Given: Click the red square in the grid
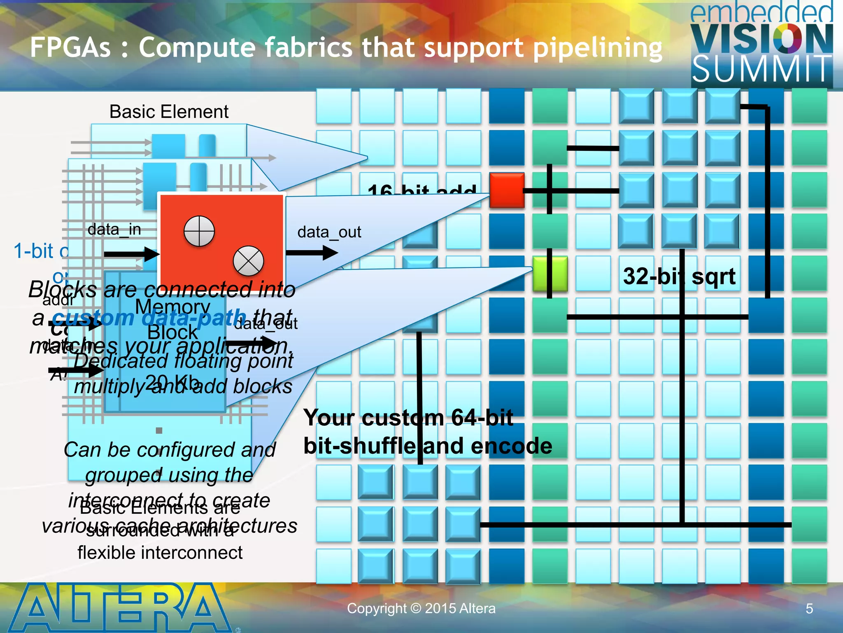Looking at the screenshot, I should coord(507,190).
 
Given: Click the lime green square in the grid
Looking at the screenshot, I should coord(550,273).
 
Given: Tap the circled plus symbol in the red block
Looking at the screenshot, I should coord(199,231).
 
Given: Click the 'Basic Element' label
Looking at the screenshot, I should coord(169,112).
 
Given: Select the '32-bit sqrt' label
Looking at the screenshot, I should coord(679,276).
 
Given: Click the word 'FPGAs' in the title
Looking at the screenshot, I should coord(70,47).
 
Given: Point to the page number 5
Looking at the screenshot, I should coord(809,609).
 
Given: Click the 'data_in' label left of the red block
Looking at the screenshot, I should coord(114,230).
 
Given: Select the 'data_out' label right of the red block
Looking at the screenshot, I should coord(329,232).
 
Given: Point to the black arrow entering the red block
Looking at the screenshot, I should coord(132,254).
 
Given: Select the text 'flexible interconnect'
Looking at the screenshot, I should coord(160,553).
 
